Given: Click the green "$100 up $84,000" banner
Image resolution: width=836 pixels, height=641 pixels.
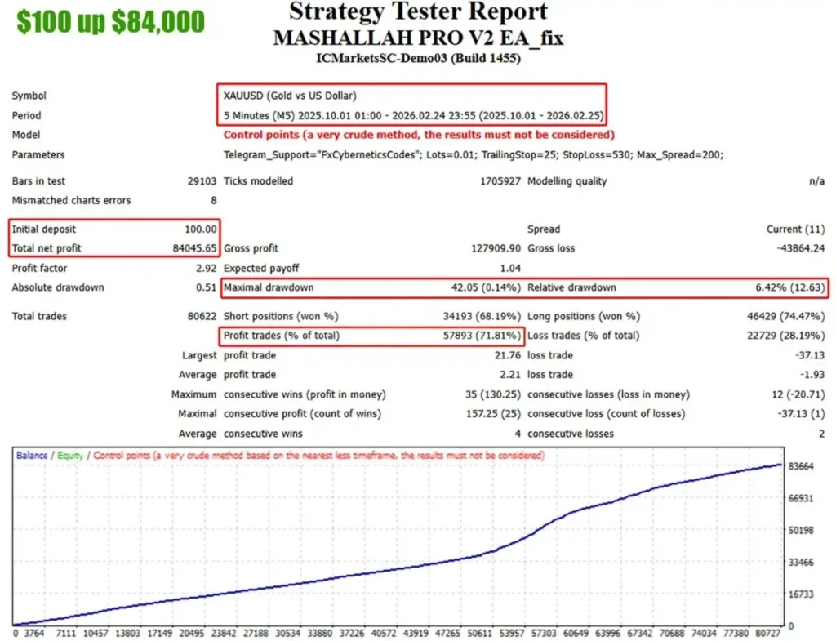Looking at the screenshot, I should (x=111, y=22).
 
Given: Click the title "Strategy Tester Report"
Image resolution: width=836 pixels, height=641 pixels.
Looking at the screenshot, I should (x=418, y=13).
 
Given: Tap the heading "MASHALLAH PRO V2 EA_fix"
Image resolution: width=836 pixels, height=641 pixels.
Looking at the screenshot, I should (x=418, y=38).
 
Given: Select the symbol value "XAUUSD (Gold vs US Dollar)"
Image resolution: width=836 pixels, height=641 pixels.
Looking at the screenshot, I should (x=290, y=96).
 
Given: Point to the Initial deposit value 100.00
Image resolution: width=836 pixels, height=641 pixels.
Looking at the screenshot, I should (x=201, y=229).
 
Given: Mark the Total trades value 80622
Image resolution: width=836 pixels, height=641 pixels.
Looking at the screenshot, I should (x=202, y=316).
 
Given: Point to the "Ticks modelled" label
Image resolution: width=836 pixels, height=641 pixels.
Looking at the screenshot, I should (x=258, y=181).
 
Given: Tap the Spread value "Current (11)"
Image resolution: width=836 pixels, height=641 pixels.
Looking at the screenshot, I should (x=795, y=229).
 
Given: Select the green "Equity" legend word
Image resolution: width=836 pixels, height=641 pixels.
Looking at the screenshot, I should (x=70, y=456).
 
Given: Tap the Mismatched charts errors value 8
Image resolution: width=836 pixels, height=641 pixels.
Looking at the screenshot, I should (x=213, y=200).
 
